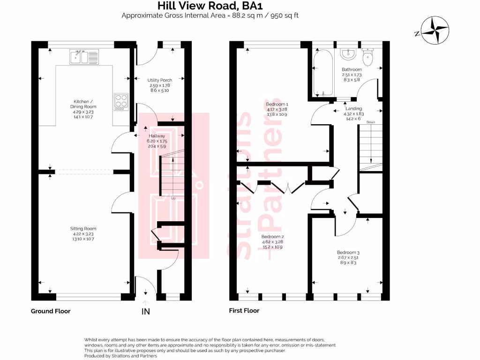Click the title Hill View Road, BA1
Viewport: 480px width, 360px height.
pyautogui.click(x=210, y=6)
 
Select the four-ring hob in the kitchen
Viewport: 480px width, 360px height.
pyautogui.click(x=121, y=102)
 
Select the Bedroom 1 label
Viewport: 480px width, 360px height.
pyautogui.click(x=277, y=109)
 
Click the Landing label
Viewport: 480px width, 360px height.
pyautogui.click(x=353, y=111)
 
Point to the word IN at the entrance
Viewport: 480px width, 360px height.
pyautogui.click(x=146, y=311)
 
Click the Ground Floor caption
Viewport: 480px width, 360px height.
pyautogui.click(x=51, y=311)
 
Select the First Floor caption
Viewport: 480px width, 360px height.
pyautogui.click(x=244, y=310)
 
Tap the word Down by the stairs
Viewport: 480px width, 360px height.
pyautogui.click(x=371, y=122)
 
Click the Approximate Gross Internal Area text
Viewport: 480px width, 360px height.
pyautogui.click(x=210, y=15)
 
